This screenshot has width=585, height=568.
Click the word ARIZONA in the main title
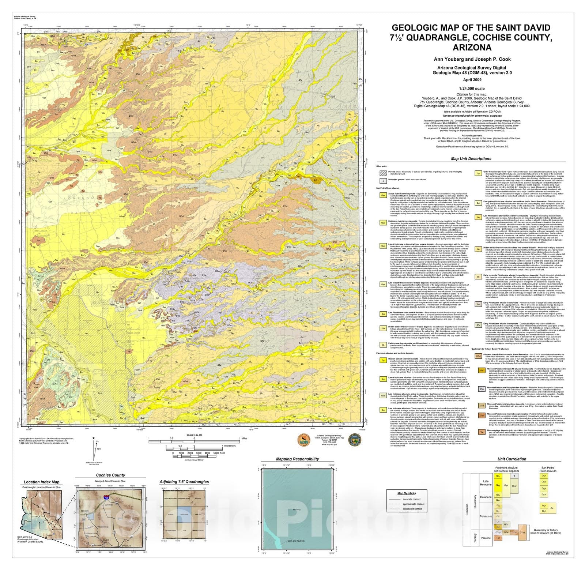pos(472,48)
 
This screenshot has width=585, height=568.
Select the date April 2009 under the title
pos(472,80)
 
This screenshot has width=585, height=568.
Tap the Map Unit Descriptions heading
pos(471,159)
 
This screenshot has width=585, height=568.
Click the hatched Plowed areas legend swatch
pos(383,173)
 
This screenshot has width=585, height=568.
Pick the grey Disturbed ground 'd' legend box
pos(383,181)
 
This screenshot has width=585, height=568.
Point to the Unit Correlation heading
pos(512,459)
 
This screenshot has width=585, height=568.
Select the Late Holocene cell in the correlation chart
pos(486,483)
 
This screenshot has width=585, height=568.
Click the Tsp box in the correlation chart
pos(498,538)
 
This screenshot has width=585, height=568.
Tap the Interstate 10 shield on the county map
pos(106,498)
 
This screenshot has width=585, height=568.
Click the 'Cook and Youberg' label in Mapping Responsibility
pos(296,541)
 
